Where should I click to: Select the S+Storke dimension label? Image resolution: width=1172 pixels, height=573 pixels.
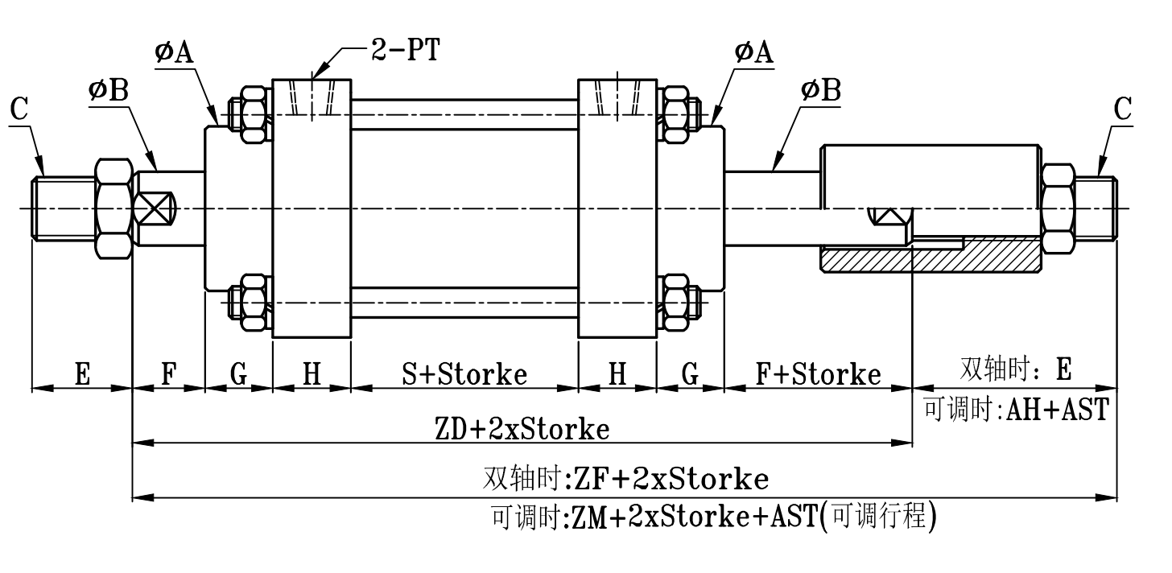click(464, 373)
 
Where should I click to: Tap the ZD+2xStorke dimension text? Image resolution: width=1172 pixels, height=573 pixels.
click(522, 429)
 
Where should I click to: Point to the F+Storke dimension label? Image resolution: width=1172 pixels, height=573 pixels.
click(818, 373)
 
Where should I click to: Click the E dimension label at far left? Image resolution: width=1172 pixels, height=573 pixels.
click(82, 373)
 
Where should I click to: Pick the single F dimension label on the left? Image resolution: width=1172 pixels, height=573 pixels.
click(168, 373)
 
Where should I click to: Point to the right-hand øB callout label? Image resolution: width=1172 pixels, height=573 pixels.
click(821, 91)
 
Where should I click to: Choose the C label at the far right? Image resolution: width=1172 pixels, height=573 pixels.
click(1123, 109)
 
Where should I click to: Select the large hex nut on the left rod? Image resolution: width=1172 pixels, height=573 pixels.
click(113, 208)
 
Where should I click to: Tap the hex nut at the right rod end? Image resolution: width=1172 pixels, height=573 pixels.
click(1058, 208)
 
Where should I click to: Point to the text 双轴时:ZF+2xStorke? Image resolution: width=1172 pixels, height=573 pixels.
click(625, 480)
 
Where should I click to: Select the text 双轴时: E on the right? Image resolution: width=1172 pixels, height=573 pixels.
click(1017, 369)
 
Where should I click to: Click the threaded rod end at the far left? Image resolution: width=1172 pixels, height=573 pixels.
click(63, 208)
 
